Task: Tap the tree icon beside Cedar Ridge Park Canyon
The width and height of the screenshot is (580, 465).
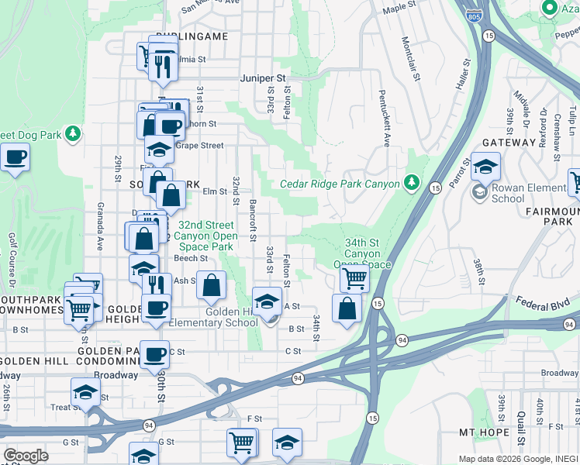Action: click(x=413, y=184)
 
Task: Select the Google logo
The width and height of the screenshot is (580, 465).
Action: click(x=26, y=455)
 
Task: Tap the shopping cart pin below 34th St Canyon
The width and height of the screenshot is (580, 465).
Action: click(x=354, y=278)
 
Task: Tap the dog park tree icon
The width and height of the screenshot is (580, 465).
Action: click(x=73, y=134)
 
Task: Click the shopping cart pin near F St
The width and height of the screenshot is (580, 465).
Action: click(x=242, y=442)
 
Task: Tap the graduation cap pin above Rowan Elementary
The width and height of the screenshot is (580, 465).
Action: click(x=485, y=166)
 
